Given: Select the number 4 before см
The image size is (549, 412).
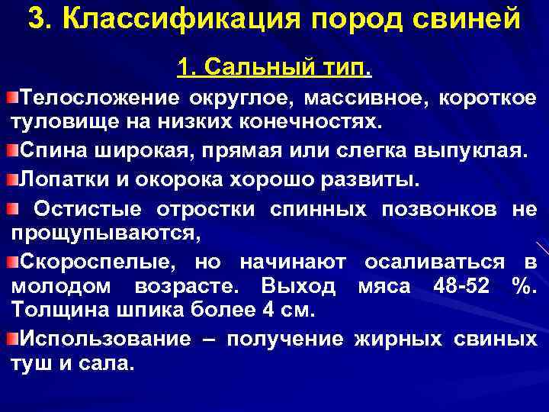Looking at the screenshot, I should pos(264,311).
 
